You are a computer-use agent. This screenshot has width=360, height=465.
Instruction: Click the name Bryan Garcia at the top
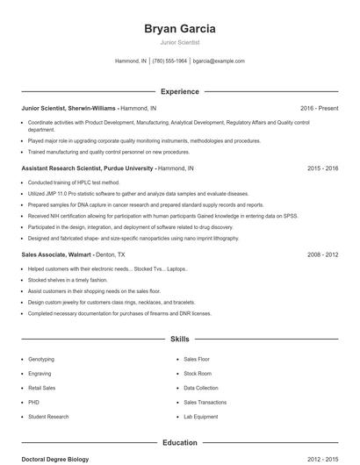click(179, 28)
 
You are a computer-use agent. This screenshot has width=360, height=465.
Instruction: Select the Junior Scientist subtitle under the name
click(179, 42)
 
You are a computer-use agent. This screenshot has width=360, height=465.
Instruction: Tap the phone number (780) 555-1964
click(169, 61)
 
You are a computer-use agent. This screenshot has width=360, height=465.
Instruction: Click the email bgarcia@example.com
click(219, 61)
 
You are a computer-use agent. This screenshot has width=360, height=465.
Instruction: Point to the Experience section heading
click(179, 91)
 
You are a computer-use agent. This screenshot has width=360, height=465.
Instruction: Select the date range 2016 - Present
click(319, 108)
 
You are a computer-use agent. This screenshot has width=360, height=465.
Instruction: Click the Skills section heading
click(179, 338)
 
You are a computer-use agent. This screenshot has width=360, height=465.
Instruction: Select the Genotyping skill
click(41, 359)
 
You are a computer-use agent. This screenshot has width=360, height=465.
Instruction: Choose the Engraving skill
click(40, 373)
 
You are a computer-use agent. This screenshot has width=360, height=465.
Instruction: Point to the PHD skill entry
click(35, 402)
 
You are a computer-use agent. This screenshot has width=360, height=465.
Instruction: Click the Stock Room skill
click(198, 373)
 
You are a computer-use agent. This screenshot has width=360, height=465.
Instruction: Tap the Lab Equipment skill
click(200, 416)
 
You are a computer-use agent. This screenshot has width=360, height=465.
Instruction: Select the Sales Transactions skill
click(205, 402)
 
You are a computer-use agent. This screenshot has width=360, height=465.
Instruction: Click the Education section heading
click(179, 442)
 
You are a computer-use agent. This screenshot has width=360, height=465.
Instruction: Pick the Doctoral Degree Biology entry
click(55, 459)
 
